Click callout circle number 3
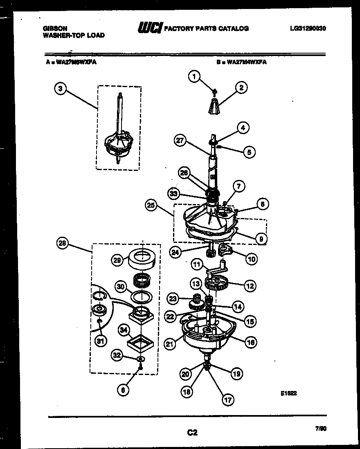[61, 89]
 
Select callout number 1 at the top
[195, 76]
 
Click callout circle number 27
[180, 141]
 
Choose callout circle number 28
[62, 244]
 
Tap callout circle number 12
[250, 286]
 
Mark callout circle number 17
[227, 400]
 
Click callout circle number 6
[122, 390]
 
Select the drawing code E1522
[288, 393]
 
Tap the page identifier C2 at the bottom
[192, 432]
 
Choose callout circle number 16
[251, 342]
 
